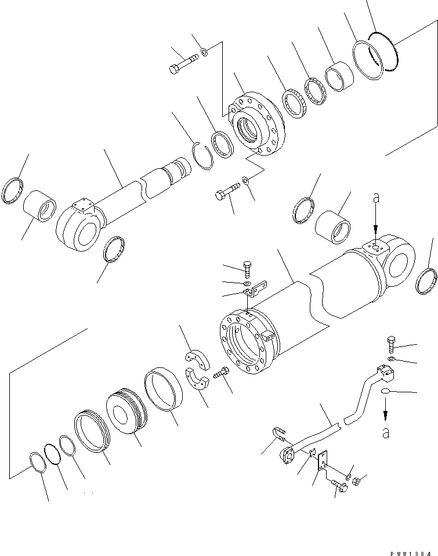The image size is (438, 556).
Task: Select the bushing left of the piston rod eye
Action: [x=39, y=205]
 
